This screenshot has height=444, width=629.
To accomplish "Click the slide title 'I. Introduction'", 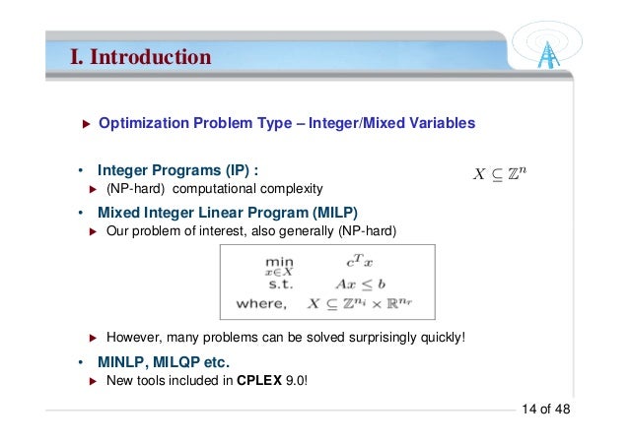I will pyautogui.click(x=140, y=57).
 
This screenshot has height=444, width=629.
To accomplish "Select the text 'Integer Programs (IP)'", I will pyautogui.click(x=177, y=169).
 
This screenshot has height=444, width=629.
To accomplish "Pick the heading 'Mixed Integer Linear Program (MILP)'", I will pyautogui.click(x=228, y=213).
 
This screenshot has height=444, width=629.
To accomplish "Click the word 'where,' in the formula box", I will pyautogui.click(x=261, y=303).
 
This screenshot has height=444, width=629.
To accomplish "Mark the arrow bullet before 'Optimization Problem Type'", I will pyautogui.click(x=85, y=124).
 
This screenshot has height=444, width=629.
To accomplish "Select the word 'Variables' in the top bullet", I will pyautogui.click(x=443, y=123).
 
